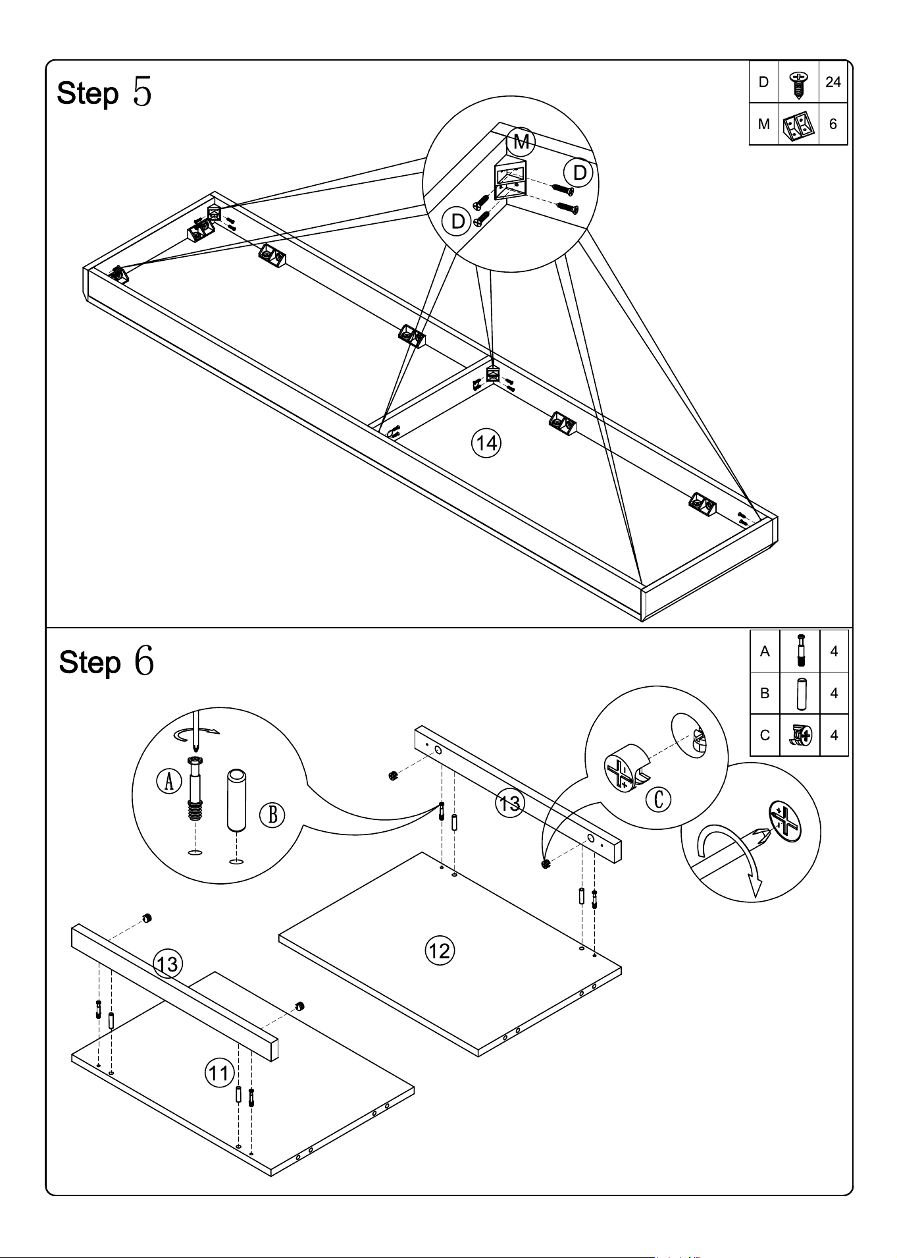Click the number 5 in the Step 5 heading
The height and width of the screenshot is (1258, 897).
pyautogui.click(x=142, y=92)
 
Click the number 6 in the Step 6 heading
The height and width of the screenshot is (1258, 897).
pyautogui.click(x=144, y=660)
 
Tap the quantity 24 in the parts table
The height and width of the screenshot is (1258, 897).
pyautogui.click(x=833, y=82)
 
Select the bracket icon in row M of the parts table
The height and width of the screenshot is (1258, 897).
pyautogui.click(x=799, y=124)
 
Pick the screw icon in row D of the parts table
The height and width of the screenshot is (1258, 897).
pyautogui.click(x=798, y=84)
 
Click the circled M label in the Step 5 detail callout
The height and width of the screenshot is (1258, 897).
pyautogui.click(x=521, y=141)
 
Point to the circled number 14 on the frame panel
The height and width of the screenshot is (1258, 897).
pyautogui.click(x=486, y=443)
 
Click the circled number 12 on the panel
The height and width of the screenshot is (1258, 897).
pyautogui.click(x=439, y=950)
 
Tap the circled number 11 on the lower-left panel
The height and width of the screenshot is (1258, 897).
pyautogui.click(x=218, y=1073)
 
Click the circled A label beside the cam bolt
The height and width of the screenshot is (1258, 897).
pyautogui.click(x=169, y=781)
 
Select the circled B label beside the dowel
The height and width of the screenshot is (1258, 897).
pyautogui.click(x=272, y=815)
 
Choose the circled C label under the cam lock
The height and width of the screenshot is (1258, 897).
pyautogui.click(x=658, y=799)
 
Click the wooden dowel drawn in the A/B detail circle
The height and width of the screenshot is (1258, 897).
pyautogui.click(x=237, y=800)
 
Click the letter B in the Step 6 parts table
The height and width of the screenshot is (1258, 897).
pyautogui.click(x=764, y=693)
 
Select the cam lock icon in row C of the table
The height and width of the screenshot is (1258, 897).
pyautogui.click(x=800, y=735)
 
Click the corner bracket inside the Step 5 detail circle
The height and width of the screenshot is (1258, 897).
pyautogui.click(x=510, y=178)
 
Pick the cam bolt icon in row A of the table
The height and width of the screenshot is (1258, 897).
pyautogui.click(x=800, y=651)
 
